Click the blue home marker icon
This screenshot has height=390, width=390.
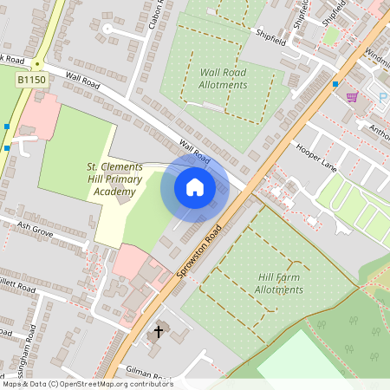[195, 187]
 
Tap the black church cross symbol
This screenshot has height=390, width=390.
[159, 332]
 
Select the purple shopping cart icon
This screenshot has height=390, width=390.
[352, 96]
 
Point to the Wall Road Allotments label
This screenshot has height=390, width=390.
[223, 79]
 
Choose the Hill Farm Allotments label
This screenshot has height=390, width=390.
[279, 283]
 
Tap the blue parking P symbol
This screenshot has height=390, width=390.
[381, 97]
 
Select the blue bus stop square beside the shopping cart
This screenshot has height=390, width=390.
[335, 84]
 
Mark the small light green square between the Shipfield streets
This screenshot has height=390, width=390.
[329, 36]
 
